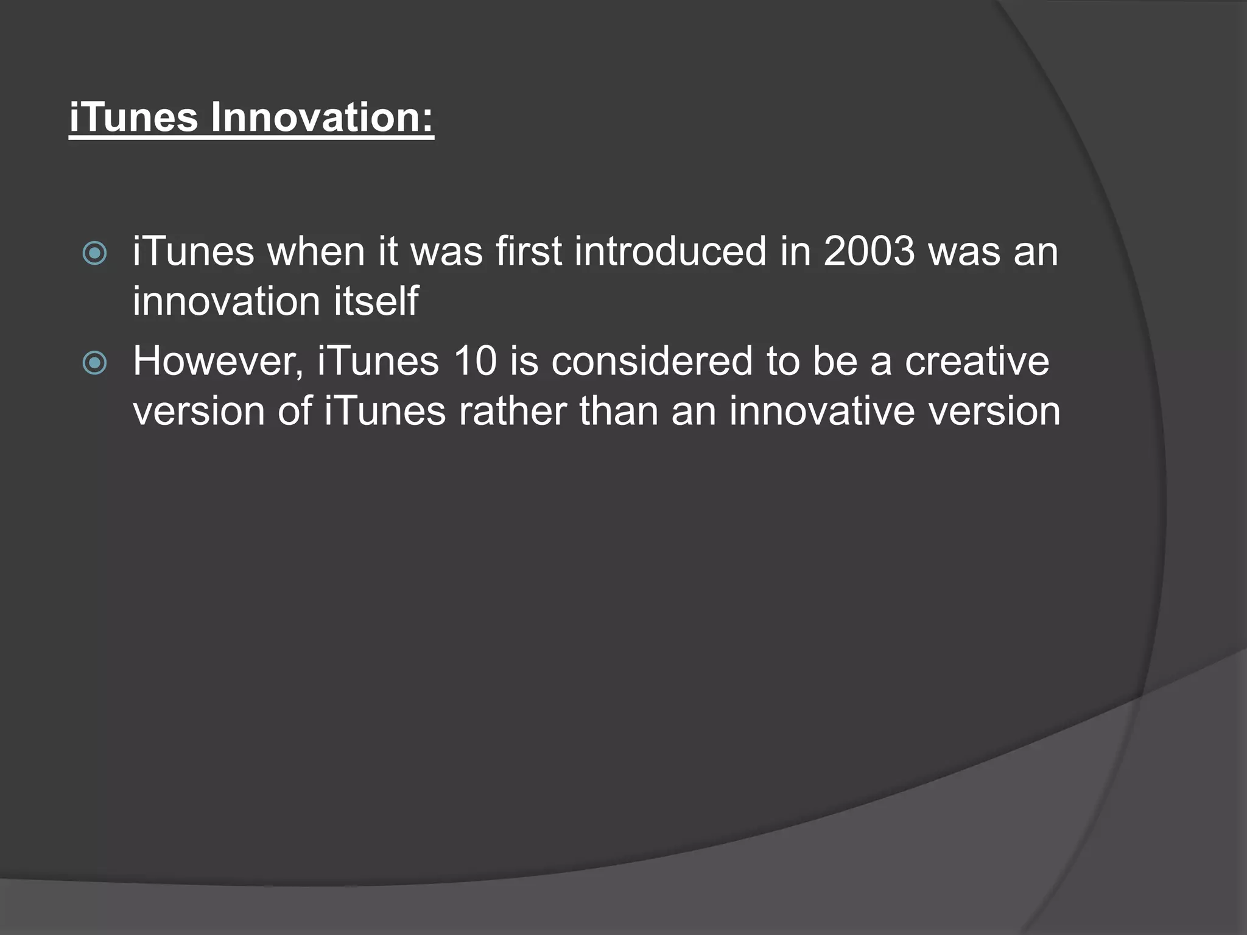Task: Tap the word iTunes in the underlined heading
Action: (133, 117)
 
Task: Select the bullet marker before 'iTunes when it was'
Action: (94, 253)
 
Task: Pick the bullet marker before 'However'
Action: (94, 363)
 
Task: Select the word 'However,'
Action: (218, 362)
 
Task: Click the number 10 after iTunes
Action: (475, 361)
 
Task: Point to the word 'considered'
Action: (652, 361)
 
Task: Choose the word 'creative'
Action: (977, 361)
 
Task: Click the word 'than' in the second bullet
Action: (619, 411)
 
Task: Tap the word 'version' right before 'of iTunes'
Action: (198, 412)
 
